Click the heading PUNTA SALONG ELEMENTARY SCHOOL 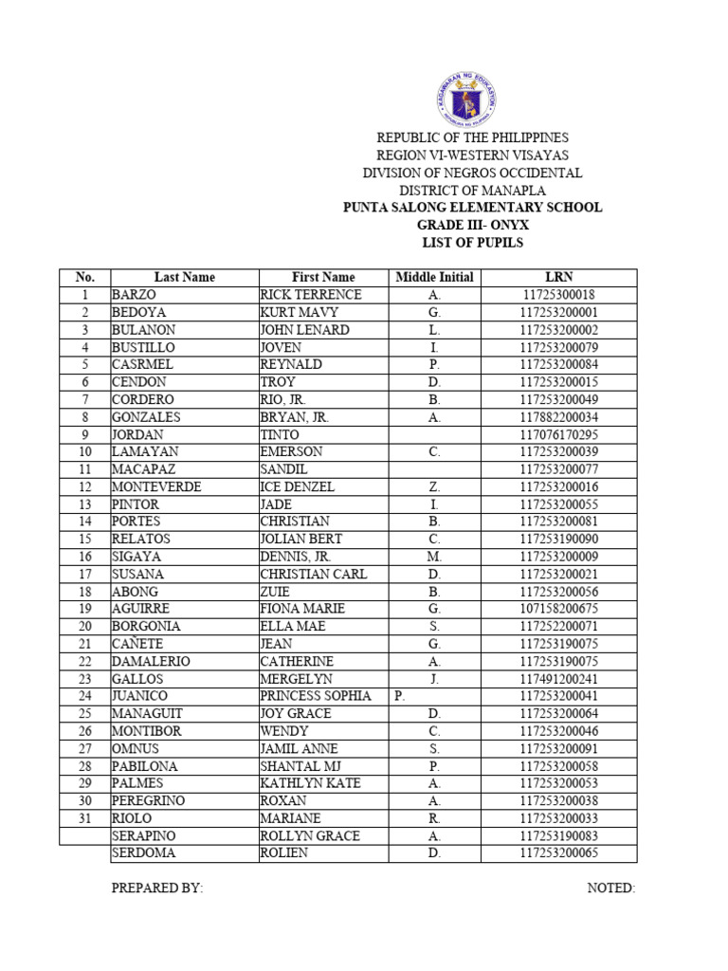472,208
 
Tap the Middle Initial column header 434,277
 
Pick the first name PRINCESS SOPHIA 316,696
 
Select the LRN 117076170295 559,434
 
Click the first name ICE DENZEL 298,486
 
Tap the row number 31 85,817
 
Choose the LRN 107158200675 559,609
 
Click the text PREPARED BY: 157,889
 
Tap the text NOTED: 610,889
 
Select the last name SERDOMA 143,852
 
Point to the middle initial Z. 434,486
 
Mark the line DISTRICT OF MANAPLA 472,191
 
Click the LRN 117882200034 559,417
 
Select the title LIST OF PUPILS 472,243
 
